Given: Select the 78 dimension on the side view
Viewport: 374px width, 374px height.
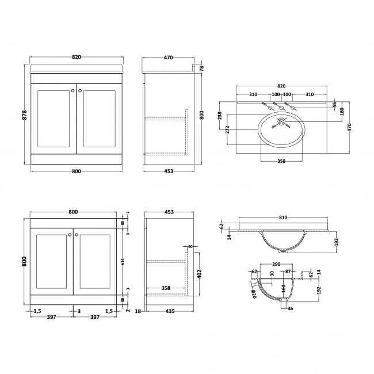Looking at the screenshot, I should coord(201,68).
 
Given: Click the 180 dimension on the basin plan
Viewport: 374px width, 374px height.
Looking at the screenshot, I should coord(342,110).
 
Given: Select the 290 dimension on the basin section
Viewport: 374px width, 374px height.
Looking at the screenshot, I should coord(276,264).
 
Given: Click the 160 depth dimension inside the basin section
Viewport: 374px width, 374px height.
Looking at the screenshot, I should coord(283,287).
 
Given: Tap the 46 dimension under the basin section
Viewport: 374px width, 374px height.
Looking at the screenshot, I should coord(289,309).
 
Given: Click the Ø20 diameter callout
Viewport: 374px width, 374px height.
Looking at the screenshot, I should coord(253,295).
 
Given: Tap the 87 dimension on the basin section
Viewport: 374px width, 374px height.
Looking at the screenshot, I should coord(289,272).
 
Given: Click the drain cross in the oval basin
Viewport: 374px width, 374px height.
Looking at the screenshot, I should coord(281,122).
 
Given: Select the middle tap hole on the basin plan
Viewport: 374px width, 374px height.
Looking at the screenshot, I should coord(281,106).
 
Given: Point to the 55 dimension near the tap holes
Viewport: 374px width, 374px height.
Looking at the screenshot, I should coord(334,105).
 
